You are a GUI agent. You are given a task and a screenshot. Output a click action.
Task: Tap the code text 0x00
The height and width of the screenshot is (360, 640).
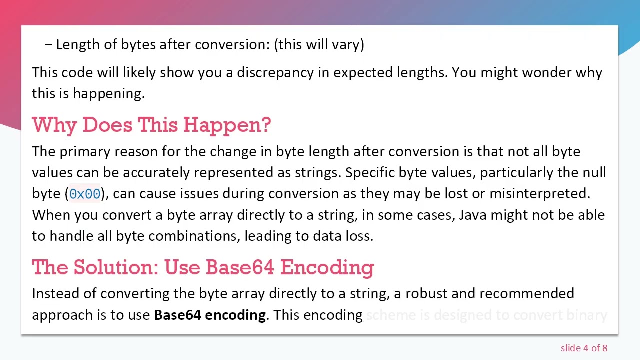pos(85,194)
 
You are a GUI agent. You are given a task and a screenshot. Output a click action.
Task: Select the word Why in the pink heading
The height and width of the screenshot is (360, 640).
pos(54,125)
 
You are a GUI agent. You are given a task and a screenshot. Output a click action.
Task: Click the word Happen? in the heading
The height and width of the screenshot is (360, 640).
pos(227,125)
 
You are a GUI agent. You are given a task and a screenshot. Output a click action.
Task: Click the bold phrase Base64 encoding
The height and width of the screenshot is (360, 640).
pos(210,315)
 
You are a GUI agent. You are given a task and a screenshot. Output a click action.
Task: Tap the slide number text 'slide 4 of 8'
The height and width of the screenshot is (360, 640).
pos(584,348)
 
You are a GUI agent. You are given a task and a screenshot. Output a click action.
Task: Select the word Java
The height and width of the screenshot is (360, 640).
pos(473,215)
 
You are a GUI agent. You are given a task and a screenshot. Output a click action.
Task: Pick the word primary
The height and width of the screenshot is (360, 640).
pos(85,152)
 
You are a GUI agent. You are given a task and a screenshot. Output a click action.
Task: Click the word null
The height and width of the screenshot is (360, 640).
pos(594,173)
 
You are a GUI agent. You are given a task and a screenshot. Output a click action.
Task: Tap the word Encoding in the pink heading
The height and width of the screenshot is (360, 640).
pos(327,267)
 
